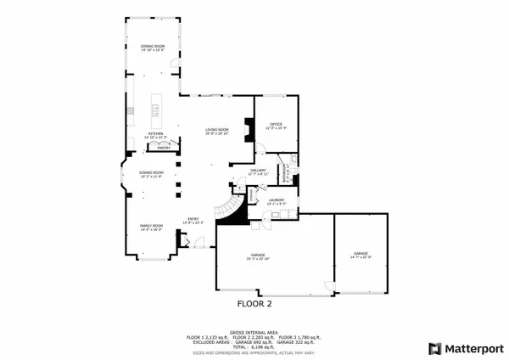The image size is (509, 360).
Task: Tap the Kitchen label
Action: pos(156,134)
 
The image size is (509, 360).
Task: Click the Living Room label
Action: pos(218,129)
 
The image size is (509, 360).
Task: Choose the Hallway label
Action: pos(259,170)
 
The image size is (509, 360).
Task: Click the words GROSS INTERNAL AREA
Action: pos(255,332)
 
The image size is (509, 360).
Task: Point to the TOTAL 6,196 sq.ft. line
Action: pos(255,347)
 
